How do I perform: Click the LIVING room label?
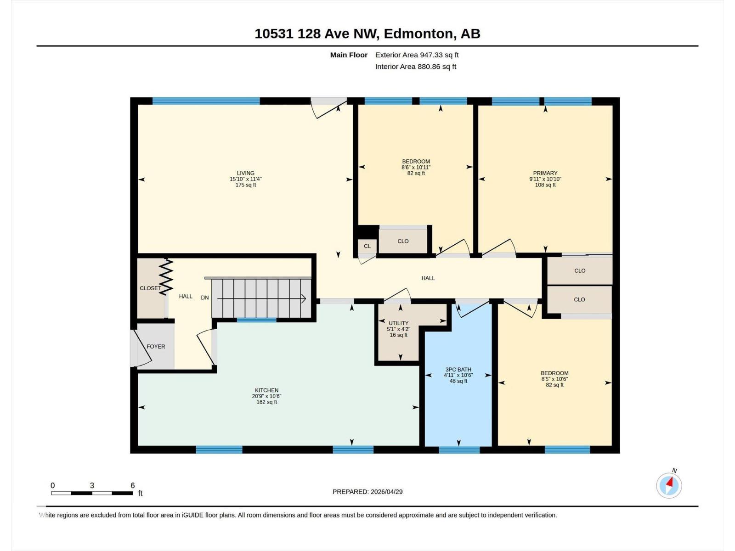click(x=246, y=173)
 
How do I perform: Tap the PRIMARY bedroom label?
click(x=545, y=173)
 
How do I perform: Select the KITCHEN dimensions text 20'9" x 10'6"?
click(x=266, y=396)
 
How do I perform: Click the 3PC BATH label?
click(x=458, y=369)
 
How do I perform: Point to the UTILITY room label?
click(x=398, y=323)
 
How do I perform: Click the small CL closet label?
click(x=367, y=246)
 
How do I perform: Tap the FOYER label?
click(x=156, y=347)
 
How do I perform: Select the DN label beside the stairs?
click(x=205, y=298)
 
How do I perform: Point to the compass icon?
click(x=669, y=485)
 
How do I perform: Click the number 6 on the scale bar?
click(x=133, y=485)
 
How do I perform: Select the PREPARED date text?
click(x=367, y=491)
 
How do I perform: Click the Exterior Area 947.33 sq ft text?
click(x=417, y=55)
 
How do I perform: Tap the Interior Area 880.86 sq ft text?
click(x=415, y=67)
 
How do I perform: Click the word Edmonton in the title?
click(x=418, y=34)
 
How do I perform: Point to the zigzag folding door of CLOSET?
click(x=166, y=277)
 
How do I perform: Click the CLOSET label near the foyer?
click(x=150, y=288)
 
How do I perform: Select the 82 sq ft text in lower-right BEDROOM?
click(x=554, y=385)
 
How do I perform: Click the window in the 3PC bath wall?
click(x=459, y=450)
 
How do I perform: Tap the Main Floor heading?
click(x=349, y=55)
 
